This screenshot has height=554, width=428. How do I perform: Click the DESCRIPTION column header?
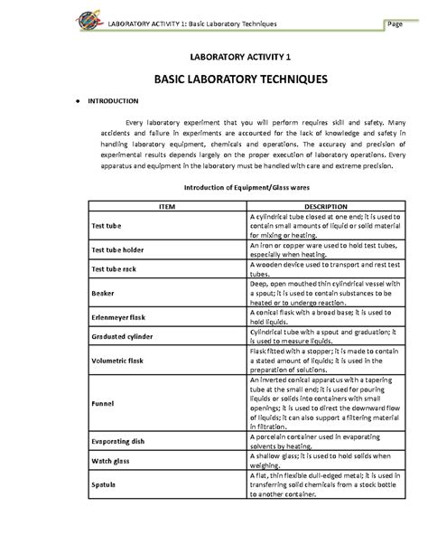(320, 207)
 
